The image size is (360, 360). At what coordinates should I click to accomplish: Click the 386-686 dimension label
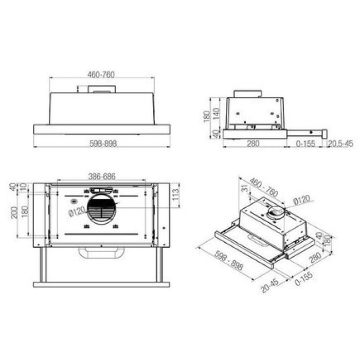[102, 176]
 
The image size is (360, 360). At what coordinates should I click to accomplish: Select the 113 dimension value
[176, 195]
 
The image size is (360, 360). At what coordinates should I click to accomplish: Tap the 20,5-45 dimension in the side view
[340, 143]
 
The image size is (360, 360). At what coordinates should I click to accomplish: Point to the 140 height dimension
[217, 114]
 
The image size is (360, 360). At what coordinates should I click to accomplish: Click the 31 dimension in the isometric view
[245, 188]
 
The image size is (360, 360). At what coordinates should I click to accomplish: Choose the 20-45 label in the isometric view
[270, 285]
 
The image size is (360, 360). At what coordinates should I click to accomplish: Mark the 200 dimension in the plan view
[14, 212]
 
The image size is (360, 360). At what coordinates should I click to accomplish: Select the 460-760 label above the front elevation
[101, 75]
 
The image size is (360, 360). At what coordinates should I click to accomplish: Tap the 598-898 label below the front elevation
[103, 143]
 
